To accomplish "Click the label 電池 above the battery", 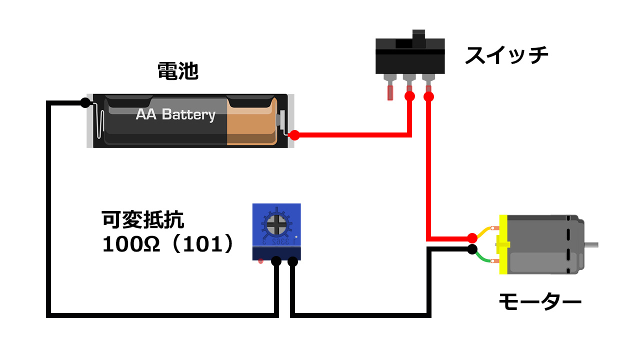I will (178, 71).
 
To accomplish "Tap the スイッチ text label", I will (506, 55).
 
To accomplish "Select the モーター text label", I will (539, 301).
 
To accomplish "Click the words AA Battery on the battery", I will (175, 114).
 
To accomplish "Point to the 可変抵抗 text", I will (143, 219).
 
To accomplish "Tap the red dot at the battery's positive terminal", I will (294, 135).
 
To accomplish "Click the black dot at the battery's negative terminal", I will (85, 103).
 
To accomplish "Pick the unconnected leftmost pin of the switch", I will (390, 92).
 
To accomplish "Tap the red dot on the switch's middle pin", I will (409, 96).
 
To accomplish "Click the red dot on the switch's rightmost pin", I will (428, 96).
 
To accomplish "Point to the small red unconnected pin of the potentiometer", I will (260, 261).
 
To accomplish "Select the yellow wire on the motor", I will (485, 231).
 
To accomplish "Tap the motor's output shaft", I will (591, 245).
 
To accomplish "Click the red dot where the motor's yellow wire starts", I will (472, 237).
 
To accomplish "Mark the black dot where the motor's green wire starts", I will (472, 249).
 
